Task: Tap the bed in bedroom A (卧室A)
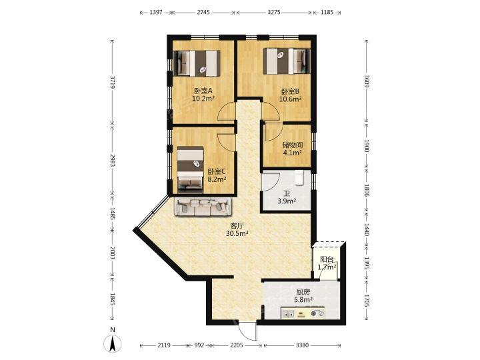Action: tap(197, 63)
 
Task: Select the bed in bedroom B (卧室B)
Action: tap(287, 61)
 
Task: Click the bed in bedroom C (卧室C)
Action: tap(191, 169)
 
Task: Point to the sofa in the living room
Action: tap(203, 207)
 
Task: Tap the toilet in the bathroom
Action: tap(299, 178)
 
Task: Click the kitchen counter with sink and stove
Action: tap(303, 313)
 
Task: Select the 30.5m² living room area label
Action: tap(237, 233)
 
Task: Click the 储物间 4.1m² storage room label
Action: tap(293, 149)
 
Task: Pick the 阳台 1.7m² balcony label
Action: tap(327, 263)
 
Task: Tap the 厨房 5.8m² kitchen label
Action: tap(303, 296)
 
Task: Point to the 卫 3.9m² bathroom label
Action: tap(287, 197)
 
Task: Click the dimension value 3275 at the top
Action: tap(274, 12)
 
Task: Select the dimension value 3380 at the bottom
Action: tap(302, 345)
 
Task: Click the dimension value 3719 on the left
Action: tap(113, 82)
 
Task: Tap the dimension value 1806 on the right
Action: tap(367, 190)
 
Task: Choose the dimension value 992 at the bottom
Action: tap(199, 345)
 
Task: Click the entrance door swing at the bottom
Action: tap(248, 331)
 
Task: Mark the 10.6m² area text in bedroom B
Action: tap(290, 99)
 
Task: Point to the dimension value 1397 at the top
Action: tap(156, 12)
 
